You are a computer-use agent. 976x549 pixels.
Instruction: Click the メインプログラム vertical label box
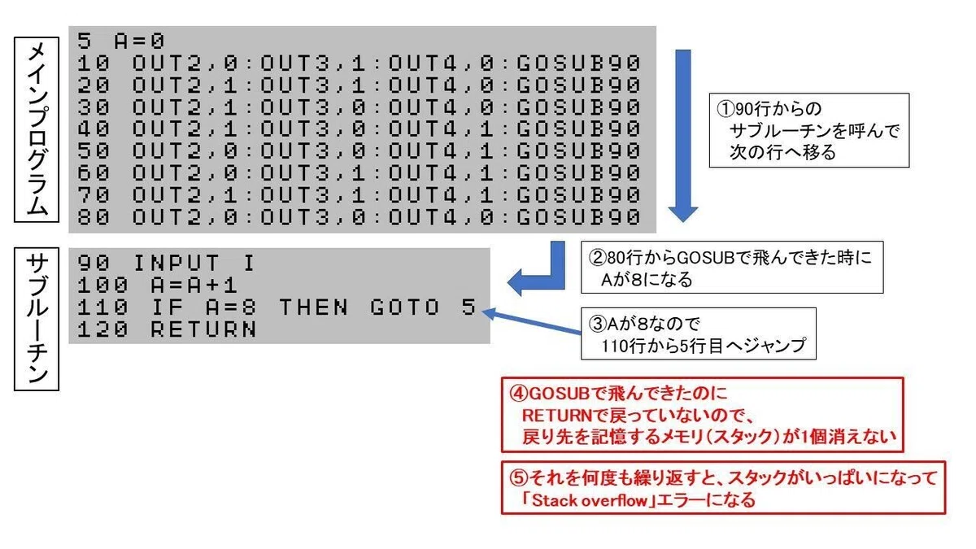(37, 130)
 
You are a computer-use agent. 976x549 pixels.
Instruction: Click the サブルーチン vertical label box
(37, 320)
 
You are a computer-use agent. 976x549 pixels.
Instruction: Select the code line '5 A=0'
(120, 41)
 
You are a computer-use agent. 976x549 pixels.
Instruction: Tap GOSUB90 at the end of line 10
(578, 63)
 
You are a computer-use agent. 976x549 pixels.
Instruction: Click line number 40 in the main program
(94, 129)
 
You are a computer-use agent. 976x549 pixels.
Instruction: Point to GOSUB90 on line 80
(578, 217)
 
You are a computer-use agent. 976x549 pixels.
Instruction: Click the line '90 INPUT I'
(166, 264)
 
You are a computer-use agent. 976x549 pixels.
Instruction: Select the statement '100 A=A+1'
(157, 285)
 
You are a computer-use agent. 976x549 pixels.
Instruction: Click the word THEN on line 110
(314, 307)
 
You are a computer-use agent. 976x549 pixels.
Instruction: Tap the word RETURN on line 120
(203, 329)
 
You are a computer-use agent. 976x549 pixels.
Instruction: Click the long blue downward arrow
(682, 136)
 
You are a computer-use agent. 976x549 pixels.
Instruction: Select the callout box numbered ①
(809, 130)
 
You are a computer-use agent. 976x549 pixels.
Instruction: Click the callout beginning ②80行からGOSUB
(732, 267)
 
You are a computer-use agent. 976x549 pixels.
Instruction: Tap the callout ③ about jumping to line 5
(699, 333)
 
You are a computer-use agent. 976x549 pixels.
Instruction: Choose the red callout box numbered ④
(703, 415)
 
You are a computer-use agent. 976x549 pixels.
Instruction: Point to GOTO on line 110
(405, 307)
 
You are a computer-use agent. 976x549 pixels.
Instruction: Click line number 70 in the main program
(94, 194)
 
